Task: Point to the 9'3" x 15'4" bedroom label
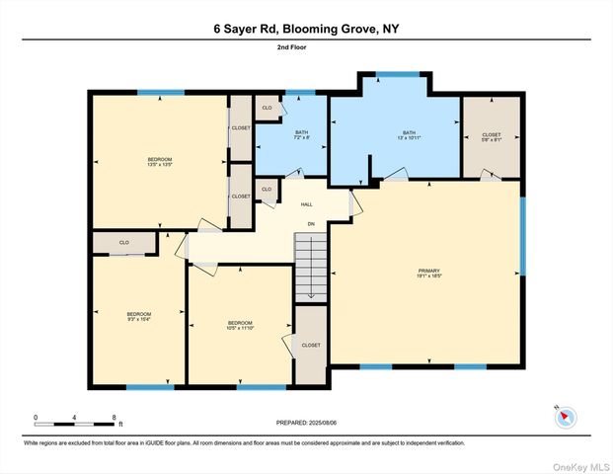coord(138,317)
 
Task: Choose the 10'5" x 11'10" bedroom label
coord(240,326)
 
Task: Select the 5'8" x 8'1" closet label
coord(491,137)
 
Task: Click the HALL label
coord(307,205)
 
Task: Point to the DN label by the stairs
coord(310,224)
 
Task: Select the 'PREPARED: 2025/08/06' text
coord(306,423)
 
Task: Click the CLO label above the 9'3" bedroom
coord(124,242)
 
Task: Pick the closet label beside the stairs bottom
coord(311,346)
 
